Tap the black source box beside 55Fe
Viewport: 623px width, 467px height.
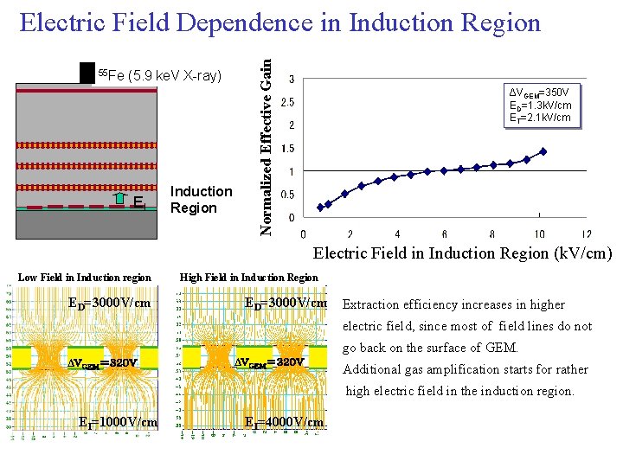tap(86, 74)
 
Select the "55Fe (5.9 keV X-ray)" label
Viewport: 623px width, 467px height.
tap(159, 75)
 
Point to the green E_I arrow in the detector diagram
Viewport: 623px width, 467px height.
tap(121, 202)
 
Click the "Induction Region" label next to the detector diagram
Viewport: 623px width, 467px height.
tap(202, 200)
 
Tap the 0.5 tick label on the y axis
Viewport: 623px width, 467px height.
tap(294, 195)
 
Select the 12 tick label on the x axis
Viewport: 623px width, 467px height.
tap(586, 234)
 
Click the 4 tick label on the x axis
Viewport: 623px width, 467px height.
tap(397, 234)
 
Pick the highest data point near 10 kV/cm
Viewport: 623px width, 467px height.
tap(543, 151)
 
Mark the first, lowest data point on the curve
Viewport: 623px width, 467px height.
tap(320, 208)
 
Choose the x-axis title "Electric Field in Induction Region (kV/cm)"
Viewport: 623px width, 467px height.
tap(461, 253)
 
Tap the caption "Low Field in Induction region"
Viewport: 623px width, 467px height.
tap(84, 278)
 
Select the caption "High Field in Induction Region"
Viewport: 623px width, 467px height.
tap(248, 278)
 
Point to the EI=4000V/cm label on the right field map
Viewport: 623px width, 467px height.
tap(284, 422)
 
